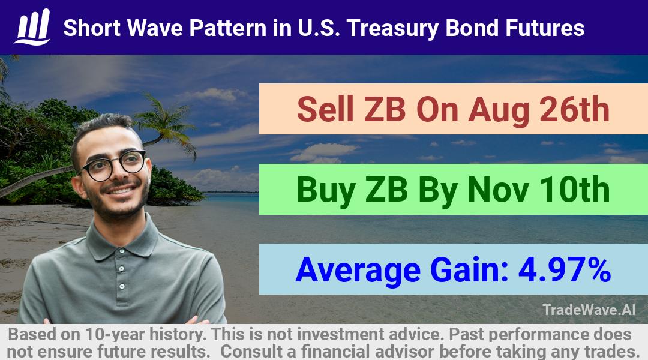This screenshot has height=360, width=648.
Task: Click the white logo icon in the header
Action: coord(32,27)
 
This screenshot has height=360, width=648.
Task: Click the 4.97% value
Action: coord(565,269)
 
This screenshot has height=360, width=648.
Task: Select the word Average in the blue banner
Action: coord(358,270)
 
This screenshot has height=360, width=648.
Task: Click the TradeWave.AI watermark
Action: coord(589,310)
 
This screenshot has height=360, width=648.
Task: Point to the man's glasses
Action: coord(113,165)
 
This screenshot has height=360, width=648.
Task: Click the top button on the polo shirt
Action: coord(121,269)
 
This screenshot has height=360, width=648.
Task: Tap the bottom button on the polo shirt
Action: coord(122,286)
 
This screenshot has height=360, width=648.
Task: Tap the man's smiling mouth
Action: coord(120,191)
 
